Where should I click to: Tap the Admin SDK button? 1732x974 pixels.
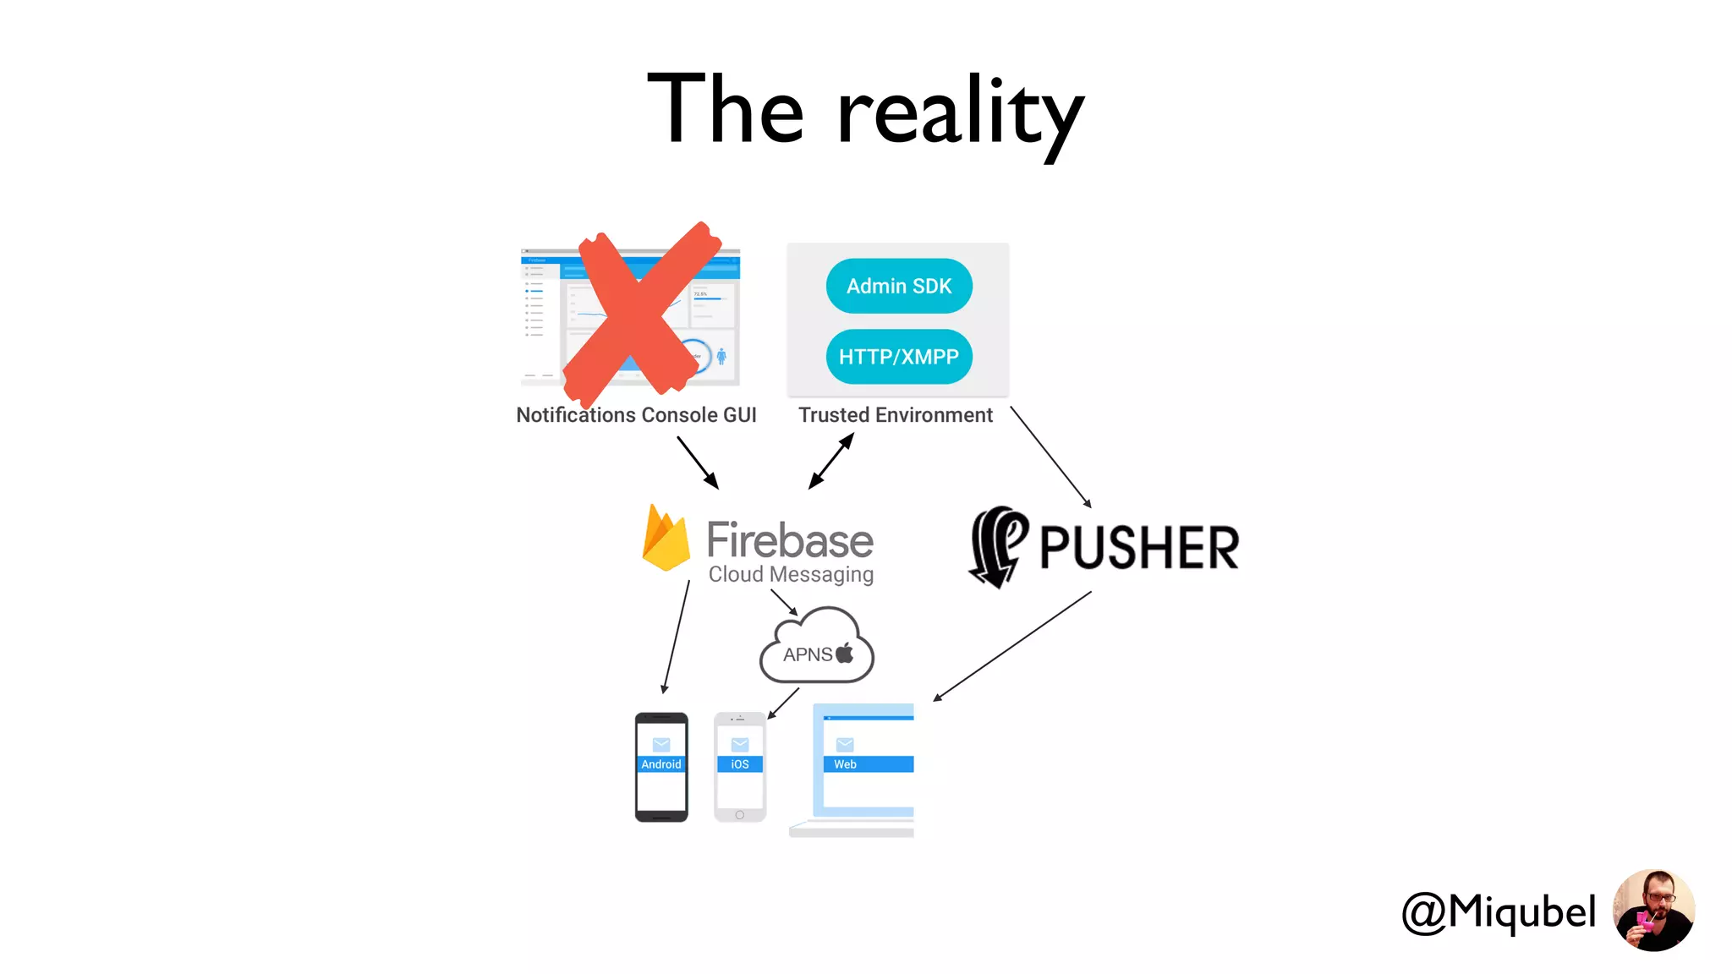tap(899, 287)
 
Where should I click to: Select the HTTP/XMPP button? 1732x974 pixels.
tap(899, 357)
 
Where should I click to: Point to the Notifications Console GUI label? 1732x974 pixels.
tap(636, 415)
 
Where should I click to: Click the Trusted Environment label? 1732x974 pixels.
tap(896, 415)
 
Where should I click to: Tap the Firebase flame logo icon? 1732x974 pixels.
tap(666, 539)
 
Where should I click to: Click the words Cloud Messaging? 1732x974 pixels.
tap(791, 574)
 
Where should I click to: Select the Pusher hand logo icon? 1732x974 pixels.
tap(998, 546)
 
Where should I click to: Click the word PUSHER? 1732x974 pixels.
tap(1139, 548)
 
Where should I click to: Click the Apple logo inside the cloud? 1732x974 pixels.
tap(845, 653)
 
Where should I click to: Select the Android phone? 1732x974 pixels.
tap(661, 767)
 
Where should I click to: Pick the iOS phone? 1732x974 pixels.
tap(740, 767)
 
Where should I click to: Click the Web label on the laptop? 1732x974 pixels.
tap(845, 764)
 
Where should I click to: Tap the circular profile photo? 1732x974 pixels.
tap(1653, 911)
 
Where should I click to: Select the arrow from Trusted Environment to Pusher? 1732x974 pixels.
tap(1051, 457)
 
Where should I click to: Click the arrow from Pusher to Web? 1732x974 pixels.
tap(1012, 646)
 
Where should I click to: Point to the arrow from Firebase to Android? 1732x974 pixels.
tap(677, 637)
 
